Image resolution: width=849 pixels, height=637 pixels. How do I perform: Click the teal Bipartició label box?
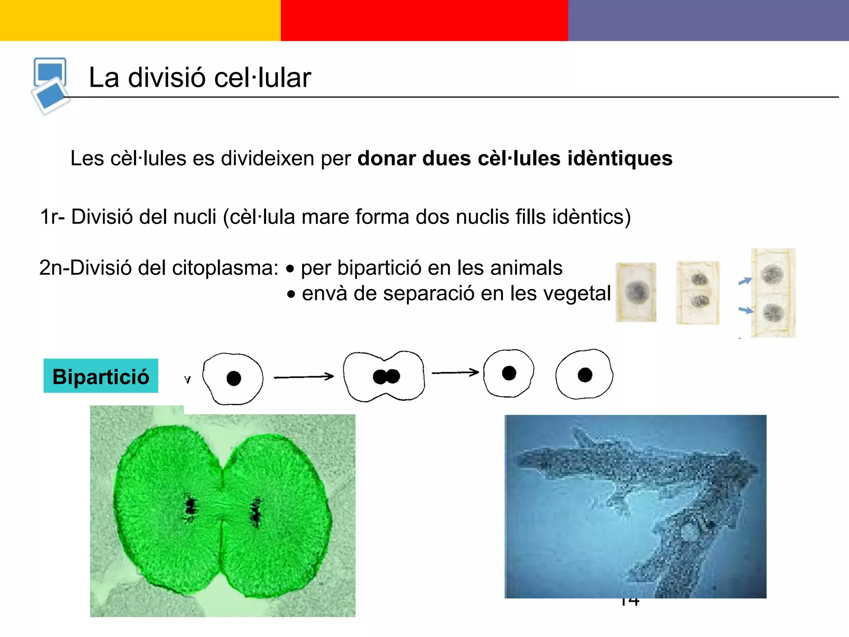click(101, 376)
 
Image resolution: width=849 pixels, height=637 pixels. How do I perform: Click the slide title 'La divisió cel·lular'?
click(200, 78)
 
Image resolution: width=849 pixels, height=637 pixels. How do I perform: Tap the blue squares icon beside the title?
click(50, 85)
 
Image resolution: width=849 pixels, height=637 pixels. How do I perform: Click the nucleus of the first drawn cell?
click(234, 378)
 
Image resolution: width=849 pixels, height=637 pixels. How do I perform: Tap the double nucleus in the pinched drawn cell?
click(386, 377)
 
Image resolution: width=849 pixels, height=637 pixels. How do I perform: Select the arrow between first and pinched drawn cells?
click(304, 377)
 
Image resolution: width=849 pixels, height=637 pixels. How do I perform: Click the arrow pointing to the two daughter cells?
click(455, 372)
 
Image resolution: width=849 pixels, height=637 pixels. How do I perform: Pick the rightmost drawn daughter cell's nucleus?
click(585, 375)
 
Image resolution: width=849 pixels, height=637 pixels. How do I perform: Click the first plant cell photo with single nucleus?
click(636, 292)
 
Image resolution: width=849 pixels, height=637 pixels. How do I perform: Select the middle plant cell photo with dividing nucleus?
click(698, 292)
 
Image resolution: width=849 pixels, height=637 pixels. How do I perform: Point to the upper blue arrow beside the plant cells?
click(745, 281)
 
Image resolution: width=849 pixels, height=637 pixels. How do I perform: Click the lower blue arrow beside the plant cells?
click(746, 310)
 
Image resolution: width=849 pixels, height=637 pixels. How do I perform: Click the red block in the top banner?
click(424, 20)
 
